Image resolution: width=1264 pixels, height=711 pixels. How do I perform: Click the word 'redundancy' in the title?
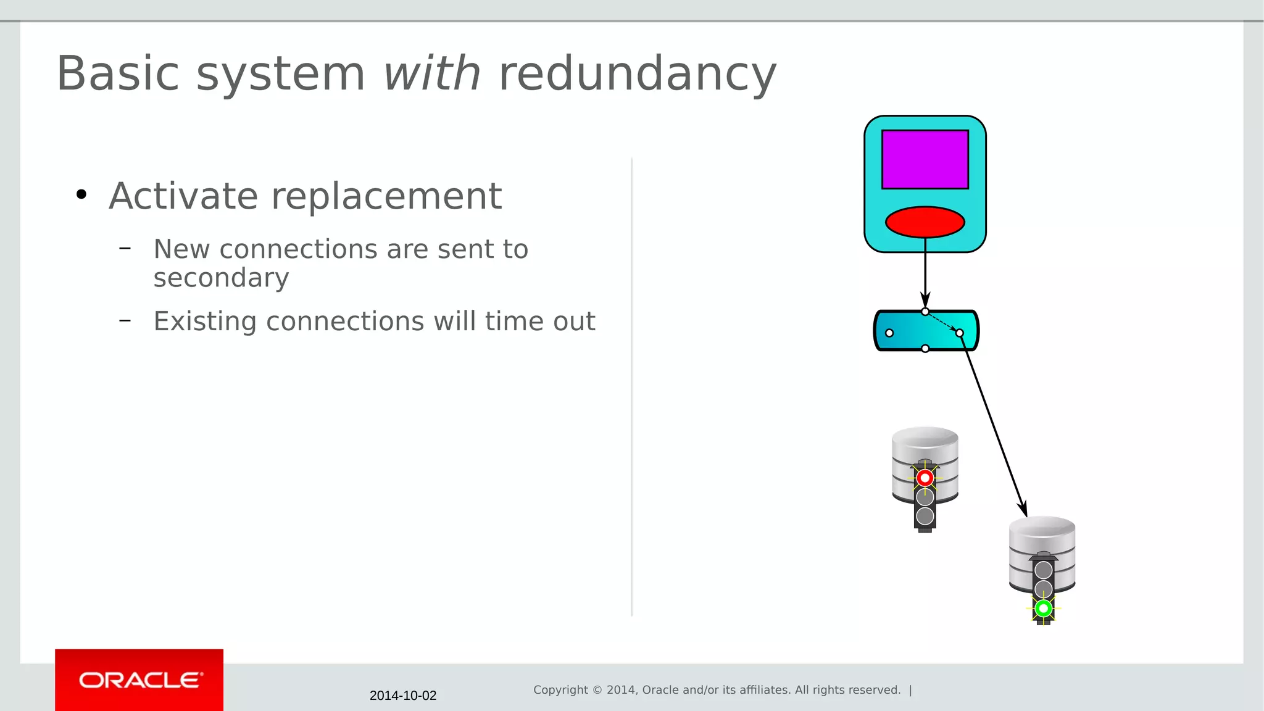tap(637, 74)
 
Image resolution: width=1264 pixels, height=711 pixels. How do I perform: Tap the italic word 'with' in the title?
tap(431, 74)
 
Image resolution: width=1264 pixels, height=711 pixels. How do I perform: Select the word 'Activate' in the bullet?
tap(183, 196)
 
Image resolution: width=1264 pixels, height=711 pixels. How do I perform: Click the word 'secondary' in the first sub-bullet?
tap(221, 278)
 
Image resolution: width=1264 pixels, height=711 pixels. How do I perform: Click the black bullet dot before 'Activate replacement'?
tap(81, 195)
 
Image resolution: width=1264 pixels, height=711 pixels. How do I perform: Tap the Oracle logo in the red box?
tap(140, 680)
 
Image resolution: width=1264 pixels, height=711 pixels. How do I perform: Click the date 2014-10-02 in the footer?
tap(402, 696)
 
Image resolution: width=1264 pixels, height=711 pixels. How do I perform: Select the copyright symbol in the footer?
tap(597, 690)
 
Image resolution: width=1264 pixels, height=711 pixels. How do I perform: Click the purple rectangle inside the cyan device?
tap(925, 159)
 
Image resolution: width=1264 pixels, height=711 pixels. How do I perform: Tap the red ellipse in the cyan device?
tap(925, 222)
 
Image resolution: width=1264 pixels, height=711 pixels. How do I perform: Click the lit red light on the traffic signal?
tap(925, 478)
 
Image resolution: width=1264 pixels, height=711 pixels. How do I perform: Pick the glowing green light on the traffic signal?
tap(1043, 609)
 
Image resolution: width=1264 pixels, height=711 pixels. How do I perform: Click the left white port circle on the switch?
tap(889, 333)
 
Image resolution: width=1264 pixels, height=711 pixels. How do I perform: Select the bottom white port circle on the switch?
tap(925, 349)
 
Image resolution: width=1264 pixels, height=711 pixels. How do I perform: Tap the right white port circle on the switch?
tap(959, 333)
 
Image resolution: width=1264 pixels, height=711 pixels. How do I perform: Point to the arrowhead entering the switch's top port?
tap(925, 300)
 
